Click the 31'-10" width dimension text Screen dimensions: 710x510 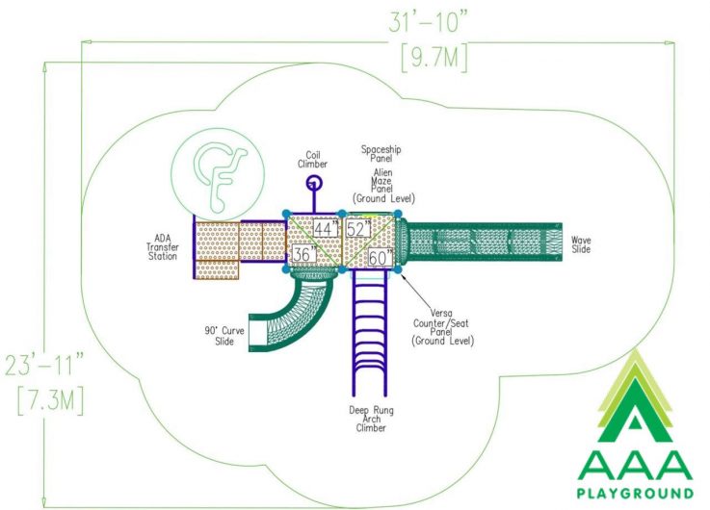(x=428, y=22)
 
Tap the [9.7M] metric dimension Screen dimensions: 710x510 (x=434, y=58)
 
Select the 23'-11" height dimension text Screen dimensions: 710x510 (x=45, y=365)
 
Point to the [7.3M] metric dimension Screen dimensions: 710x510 (x=51, y=401)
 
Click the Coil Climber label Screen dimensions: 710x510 (x=312, y=160)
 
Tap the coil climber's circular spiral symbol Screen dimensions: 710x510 (x=313, y=183)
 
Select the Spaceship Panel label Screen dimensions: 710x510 (x=381, y=154)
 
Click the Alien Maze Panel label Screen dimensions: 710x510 (x=383, y=186)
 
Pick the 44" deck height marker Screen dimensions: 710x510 (x=326, y=229)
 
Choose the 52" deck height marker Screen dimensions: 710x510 (x=358, y=229)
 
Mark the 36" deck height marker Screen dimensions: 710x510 (x=303, y=254)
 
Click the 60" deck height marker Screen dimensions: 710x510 (x=381, y=258)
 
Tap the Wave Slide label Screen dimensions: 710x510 (x=581, y=244)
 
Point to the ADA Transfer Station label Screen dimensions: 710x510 (x=162, y=247)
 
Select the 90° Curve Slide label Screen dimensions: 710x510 (x=224, y=336)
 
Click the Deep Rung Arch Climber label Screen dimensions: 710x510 (x=371, y=420)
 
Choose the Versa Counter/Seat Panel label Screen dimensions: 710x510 (x=442, y=327)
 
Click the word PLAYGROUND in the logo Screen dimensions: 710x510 (x=635, y=493)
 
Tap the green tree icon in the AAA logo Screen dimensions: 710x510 (x=636, y=396)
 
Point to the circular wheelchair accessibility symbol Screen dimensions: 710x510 (x=218, y=174)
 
